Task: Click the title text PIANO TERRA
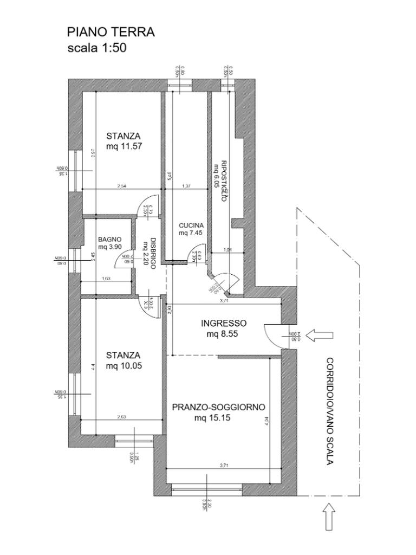point(110,33)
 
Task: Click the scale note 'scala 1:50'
point(96,48)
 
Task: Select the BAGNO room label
point(110,240)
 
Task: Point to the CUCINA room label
point(191,225)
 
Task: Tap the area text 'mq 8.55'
point(223,334)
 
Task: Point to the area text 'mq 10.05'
point(123,366)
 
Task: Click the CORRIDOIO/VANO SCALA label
point(329,411)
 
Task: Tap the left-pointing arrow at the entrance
point(319,336)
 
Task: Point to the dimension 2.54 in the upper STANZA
point(121,186)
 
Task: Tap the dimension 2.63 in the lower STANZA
point(122,417)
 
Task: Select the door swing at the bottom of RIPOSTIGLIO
point(227,281)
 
